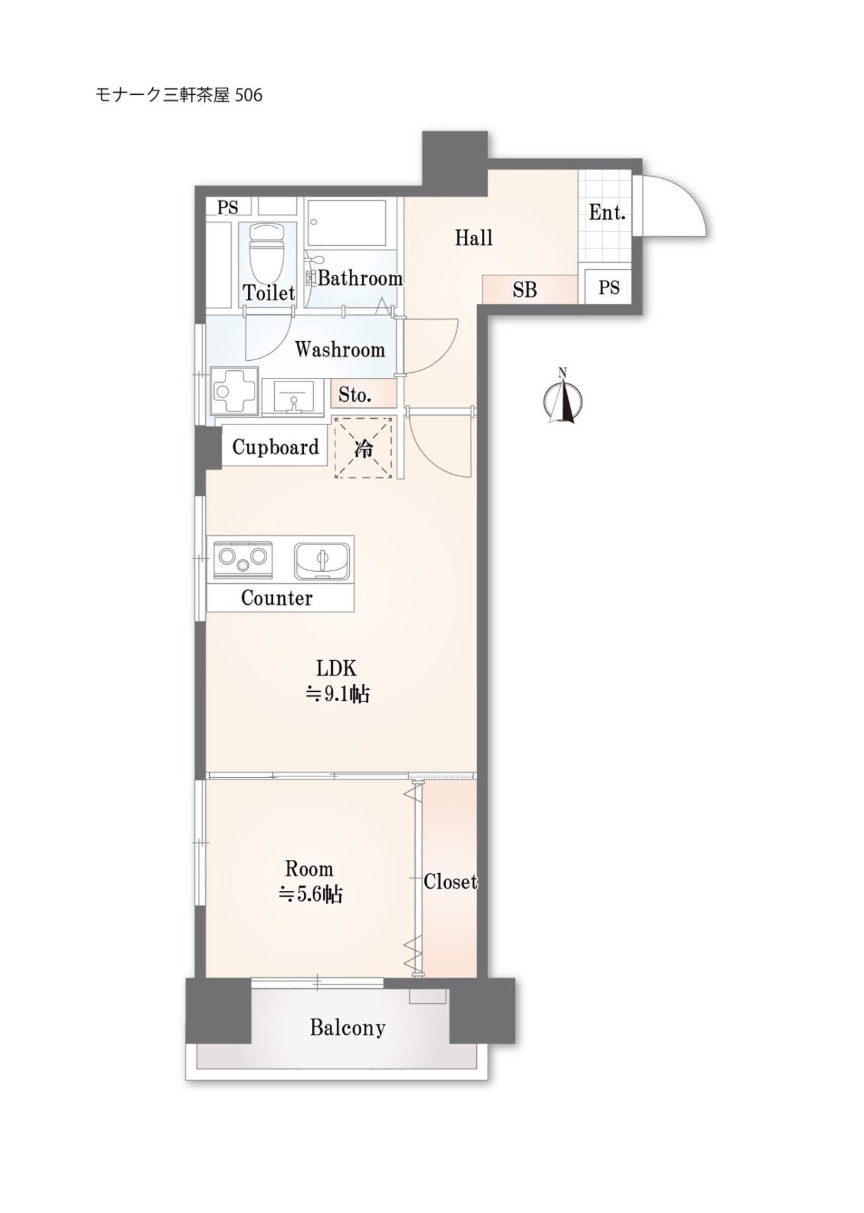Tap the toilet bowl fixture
[267, 256]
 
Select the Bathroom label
[360, 278]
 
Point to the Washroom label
[340, 349]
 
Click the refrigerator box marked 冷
[363, 448]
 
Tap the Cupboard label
[275, 447]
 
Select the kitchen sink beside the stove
[322, 560]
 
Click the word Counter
[277, 598]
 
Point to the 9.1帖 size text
[338, 694]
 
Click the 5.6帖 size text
[311, 894]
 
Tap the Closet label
[450, 881]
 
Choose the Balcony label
[347, 1028]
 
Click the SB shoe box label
[525, 289]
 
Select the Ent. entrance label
[607, 213]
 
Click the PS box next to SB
[609, 288]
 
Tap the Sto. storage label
[355, 395]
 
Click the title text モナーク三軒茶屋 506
[179, 95]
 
